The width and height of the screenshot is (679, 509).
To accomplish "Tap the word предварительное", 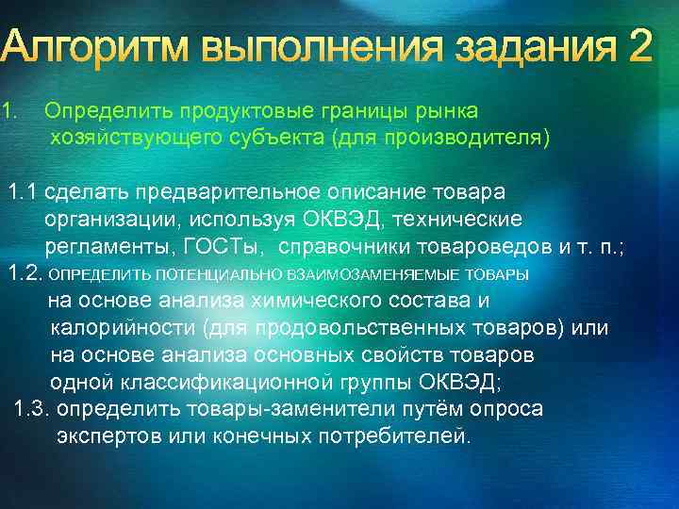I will tap(238, 192).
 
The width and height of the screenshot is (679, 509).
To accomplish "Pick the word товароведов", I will tap(481, 247).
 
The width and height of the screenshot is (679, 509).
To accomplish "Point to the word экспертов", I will tap(109, 436).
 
